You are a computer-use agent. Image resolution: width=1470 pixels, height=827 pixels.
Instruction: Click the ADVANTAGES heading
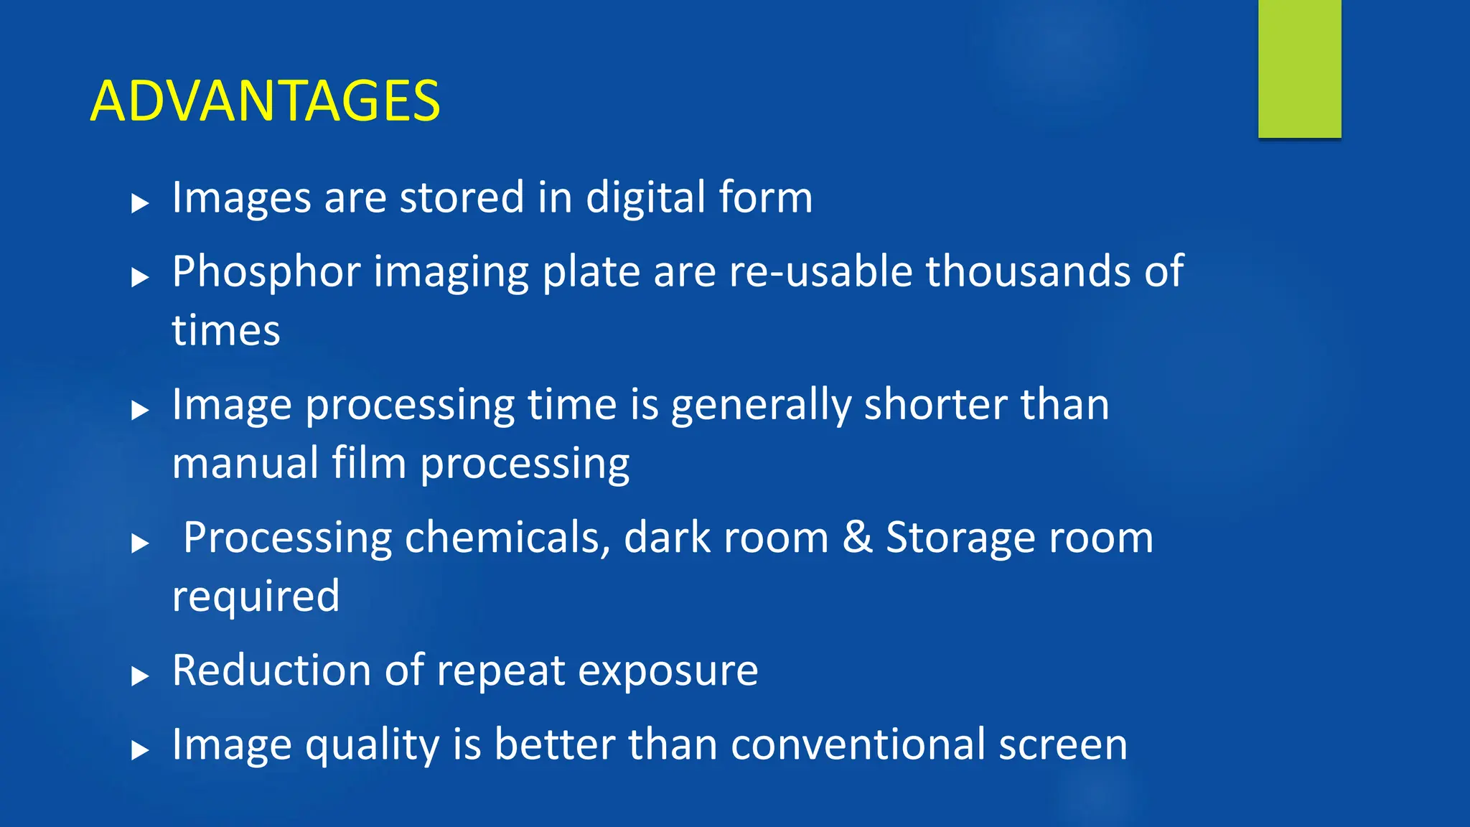(265, 101)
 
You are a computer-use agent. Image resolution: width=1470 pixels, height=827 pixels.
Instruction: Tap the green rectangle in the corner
(1299, 68)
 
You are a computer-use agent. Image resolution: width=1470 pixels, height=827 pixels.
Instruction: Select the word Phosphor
(266, 273)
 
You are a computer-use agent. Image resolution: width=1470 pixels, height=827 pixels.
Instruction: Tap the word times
(226, 331)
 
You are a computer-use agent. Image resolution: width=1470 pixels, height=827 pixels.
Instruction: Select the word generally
(761, 406)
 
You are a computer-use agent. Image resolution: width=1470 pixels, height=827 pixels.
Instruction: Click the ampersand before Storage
(857, 537)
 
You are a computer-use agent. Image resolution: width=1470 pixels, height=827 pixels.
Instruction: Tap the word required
(256, 597)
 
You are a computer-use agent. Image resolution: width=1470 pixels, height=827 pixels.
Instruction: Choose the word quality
(372, 745)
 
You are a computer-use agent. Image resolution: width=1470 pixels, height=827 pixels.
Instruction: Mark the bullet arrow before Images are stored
(140, 203)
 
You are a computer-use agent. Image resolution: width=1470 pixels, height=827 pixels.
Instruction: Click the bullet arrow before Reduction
(140, 676)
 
